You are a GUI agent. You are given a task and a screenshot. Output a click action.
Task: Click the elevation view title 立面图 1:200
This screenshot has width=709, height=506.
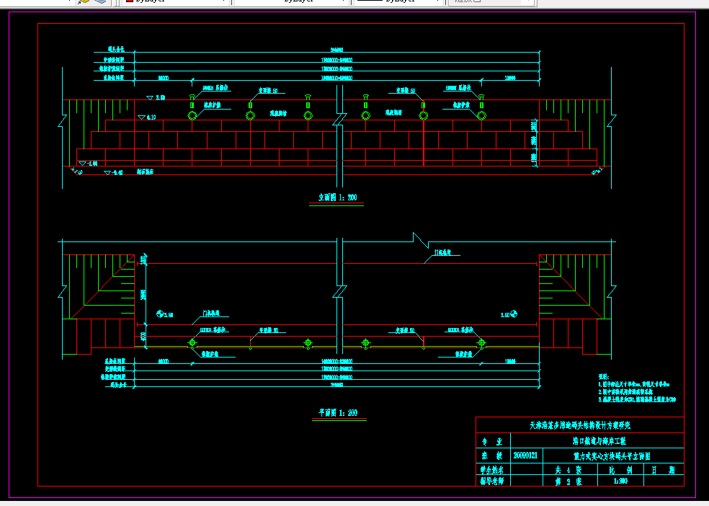click(338, 197)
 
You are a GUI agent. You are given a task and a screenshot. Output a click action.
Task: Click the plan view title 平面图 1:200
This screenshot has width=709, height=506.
click(338, 413)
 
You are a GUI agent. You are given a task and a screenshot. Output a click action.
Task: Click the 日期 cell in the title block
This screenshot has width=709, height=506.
click(664, 469)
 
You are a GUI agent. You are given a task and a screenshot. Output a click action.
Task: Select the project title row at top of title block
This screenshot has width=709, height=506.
click(580, 425)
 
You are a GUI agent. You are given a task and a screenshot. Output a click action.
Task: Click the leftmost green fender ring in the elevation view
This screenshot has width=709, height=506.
click(192, 115)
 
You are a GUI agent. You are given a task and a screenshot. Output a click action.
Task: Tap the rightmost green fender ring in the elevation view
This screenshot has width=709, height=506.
click(481, 115)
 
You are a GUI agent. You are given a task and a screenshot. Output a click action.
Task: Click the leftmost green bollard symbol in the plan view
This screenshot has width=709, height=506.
click(192, 343)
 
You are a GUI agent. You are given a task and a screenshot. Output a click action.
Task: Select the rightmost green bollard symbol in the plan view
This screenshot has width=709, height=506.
click(481, 343)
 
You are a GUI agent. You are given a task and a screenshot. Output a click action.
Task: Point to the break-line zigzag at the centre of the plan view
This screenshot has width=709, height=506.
click(338, 293)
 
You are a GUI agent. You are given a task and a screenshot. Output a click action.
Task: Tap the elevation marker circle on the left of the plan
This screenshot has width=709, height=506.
click(159, 314)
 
